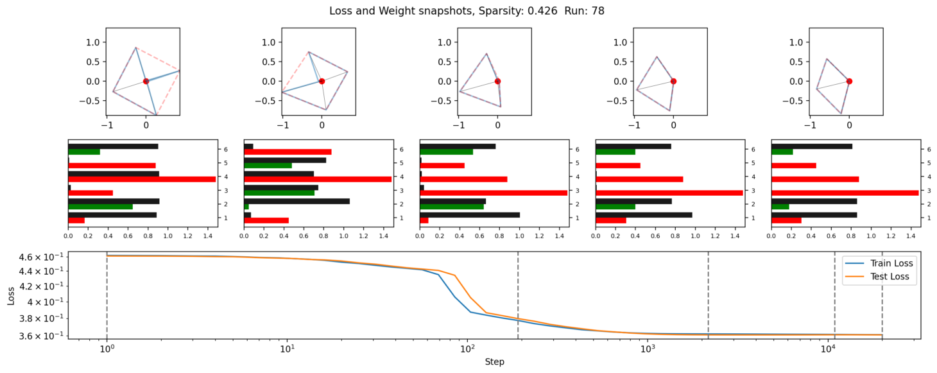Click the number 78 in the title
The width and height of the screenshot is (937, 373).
pyautogui.click(x=597, y=11)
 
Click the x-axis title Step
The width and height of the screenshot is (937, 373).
pyautogui.click(x=494, y=362)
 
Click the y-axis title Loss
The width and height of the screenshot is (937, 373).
pyautogui.click(x=11, y=295)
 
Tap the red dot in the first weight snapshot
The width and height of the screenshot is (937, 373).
pyautogui.click(x=146, y=81)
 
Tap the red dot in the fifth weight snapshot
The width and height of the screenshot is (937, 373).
pyautogui.click(x=849, y=81)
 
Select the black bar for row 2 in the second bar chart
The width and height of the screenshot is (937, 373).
pyautogui.click(x=297, y=201)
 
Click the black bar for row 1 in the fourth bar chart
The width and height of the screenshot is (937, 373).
pyautogui.click(x=644, y=214)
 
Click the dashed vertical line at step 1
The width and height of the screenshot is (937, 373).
pyautogui.click(x=107, y=295)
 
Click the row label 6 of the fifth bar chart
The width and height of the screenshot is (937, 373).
pyautogui.click(x=924, y=149)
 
